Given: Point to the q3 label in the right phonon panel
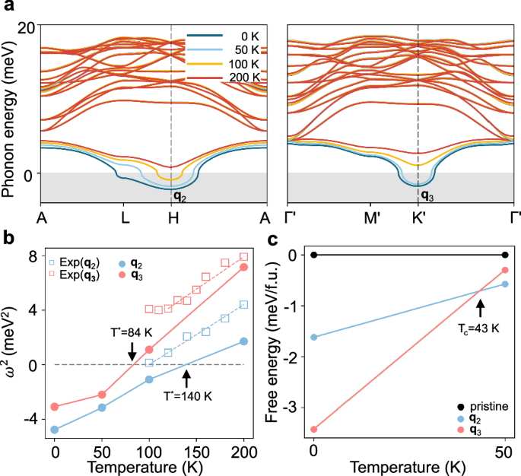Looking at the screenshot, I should coord(427,195).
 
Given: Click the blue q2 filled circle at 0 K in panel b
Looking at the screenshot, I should coord(55,430).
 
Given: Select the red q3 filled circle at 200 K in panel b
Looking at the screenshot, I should coord(243,267).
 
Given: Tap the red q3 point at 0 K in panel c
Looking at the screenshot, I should coord(314,429).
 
